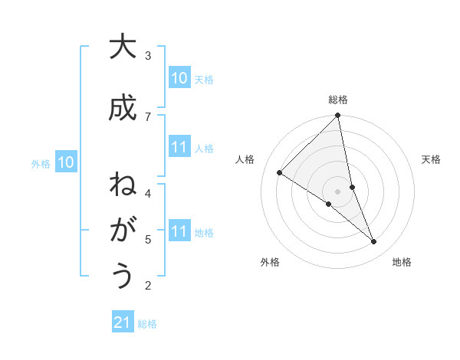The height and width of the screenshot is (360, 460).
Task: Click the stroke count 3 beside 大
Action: click(x=148, y=55)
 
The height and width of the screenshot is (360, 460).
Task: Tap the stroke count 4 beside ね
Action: click(x=148, y=193)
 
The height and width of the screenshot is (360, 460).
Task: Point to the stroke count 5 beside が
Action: click(x=148, y=239)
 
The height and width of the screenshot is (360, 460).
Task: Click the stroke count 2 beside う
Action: click(x=148, y=286)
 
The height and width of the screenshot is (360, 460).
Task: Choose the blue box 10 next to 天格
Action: click(x=179, y=78)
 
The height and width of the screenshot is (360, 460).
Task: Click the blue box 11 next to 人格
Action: click(x=179, y=147)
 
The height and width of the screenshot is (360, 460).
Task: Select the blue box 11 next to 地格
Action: click(x=179, y=231)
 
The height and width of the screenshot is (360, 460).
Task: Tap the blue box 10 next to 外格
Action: click(x=66, y=162)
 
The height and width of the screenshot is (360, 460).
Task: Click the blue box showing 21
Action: click(x=123, y=322)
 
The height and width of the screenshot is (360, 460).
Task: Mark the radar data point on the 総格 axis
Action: click(x=338, y=116)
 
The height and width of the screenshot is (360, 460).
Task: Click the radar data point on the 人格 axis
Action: click(x=280, y=173)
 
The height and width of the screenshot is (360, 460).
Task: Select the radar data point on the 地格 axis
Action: click(x=374, y=242)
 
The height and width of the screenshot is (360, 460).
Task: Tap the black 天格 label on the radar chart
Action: click(x=432, y=159)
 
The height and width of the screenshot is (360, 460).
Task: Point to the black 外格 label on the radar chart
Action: click(x=270, y=263)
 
